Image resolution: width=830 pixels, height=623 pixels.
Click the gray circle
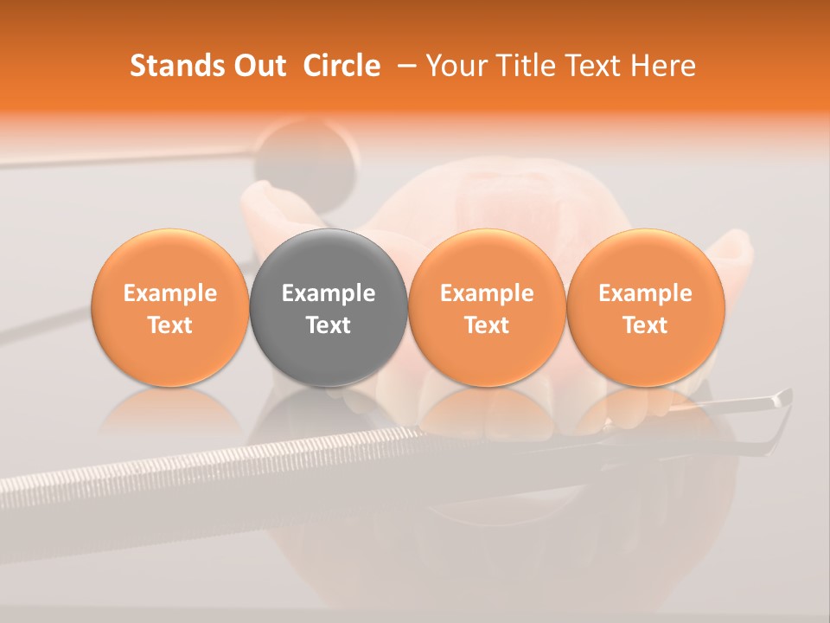[x=329, y=307]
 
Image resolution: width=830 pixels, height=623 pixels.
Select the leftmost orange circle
[x=170, y=307]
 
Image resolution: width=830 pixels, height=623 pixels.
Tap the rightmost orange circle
[x=646, y=307]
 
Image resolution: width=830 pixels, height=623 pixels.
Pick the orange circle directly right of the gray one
[x=487, y=307]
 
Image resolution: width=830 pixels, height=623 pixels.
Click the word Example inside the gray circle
[x=329, y=293]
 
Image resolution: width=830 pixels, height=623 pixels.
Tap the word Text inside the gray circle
[x=329, y=325]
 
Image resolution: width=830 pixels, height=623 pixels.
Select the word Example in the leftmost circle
[x=170, y=293]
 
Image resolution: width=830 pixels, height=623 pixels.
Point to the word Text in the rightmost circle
[x=646, y=325]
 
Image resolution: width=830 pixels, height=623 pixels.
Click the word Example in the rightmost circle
[x=646, y=293]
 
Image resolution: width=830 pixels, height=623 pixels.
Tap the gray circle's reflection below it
[x=329, y=415]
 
